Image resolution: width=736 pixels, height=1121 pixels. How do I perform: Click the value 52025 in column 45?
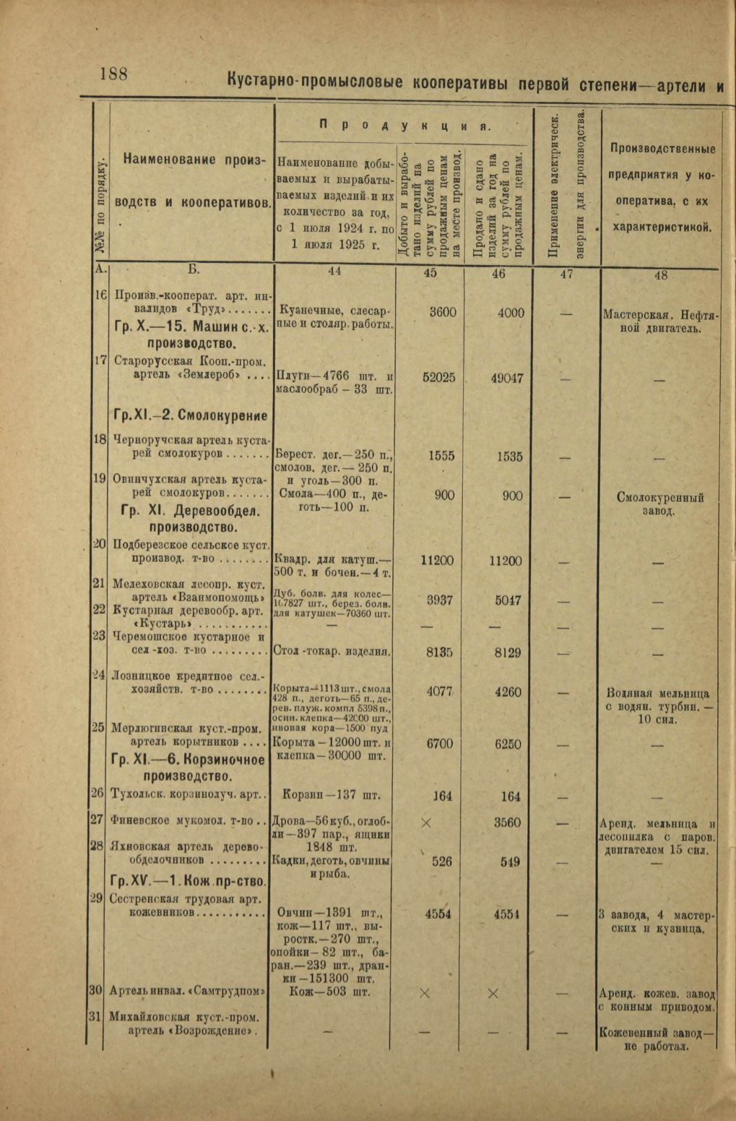[438, 376]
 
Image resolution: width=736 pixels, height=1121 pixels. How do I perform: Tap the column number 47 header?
[566, 274]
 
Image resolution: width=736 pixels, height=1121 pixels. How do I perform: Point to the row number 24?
[100, 675]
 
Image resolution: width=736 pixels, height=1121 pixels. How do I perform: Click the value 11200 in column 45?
[438, 560]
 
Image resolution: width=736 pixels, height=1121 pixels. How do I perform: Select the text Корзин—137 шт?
[334, 796]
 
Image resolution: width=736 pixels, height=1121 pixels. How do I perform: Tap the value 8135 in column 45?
[439, 652]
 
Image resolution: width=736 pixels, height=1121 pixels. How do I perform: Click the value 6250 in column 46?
[509, 745]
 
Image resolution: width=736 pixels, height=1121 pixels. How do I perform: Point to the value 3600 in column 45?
[443, 312]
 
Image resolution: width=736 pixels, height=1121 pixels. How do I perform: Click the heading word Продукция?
[404, 125]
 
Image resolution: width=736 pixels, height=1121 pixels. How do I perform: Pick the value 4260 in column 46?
[508, 692]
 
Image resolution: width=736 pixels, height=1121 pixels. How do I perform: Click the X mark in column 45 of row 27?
[425, 823]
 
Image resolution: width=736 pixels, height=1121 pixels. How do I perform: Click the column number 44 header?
[334, 272]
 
